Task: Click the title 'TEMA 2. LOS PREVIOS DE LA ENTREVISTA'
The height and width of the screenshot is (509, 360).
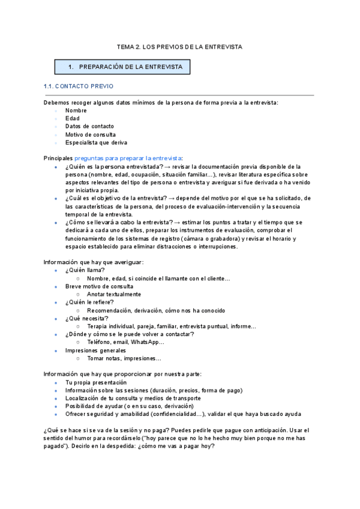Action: pos(179,46)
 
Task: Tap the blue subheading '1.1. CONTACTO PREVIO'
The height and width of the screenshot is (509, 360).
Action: pos(79,86)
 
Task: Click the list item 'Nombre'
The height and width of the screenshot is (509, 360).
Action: pos(76,110)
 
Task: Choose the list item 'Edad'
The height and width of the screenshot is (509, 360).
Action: pos(72,118)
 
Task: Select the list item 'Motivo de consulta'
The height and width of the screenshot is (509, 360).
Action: pos(91,134)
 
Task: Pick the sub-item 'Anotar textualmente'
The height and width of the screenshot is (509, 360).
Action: pos(114,294)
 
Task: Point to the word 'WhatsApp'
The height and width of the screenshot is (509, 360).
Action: pos(147,342)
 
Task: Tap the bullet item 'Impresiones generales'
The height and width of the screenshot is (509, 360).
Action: pos(96,350)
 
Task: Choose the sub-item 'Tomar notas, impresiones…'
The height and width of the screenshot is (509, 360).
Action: pos(124,358)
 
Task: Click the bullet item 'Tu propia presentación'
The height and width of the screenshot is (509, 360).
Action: pos(96,382)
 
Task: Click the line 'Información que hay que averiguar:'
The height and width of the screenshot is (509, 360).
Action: pos(94,262)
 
